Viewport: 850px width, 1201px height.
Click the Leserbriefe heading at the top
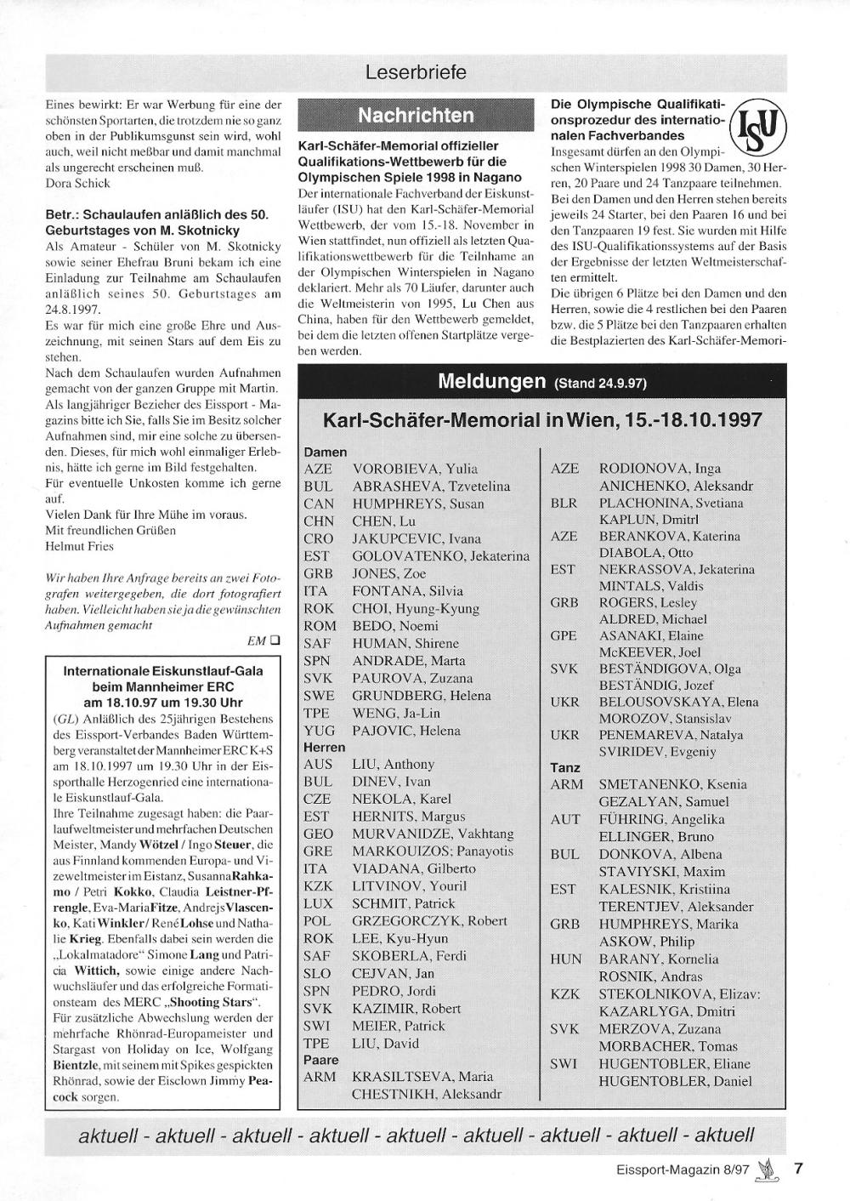[x=416, y=73]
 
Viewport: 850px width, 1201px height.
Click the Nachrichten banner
[x=416, y=116]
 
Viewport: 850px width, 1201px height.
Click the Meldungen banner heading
[x=542, y=382]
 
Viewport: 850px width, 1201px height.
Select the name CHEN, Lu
[x=383, y=521]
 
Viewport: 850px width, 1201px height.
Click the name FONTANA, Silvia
[x=407, y=590]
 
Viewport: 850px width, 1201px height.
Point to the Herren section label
[x=324, y=747]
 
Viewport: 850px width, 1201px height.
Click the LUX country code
[x=318, y=902]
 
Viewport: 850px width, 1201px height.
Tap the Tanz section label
[x=565, y=768]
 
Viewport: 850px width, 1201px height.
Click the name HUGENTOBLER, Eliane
[x=675, y=1064]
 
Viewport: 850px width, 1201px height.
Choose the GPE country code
[x=564, y=635]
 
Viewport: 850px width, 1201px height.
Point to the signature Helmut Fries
[x=80, y=545]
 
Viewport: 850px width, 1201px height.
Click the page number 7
[x=797, y=1168]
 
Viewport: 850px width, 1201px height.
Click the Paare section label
[x=320, y=1060]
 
